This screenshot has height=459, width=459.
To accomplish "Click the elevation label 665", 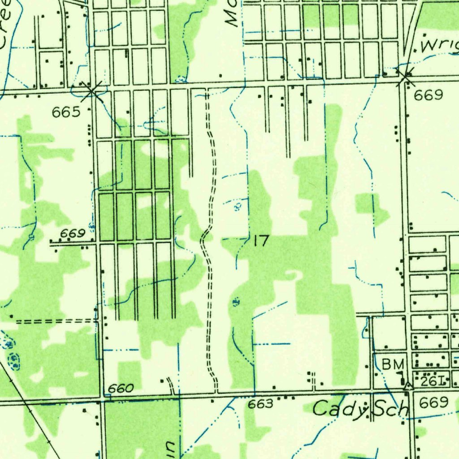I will pos(66,112).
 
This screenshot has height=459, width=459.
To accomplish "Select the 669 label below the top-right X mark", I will pos(428,95).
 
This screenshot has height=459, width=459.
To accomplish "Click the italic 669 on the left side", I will pos(73,234).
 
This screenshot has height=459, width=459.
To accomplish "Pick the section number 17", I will pos(260,241).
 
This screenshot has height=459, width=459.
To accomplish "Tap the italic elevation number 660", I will pos(121,388).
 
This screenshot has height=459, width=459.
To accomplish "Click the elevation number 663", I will pos(260,404).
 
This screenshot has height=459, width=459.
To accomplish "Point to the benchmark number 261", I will pos(433,381).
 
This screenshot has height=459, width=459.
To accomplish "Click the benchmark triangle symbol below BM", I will pos(407,385).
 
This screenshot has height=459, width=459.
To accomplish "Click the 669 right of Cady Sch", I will pos(433,403).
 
